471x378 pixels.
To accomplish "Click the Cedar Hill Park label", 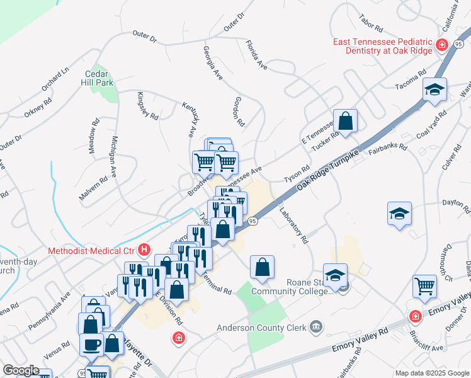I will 99,78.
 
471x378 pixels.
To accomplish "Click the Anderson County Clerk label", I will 261,327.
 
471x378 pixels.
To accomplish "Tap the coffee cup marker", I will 92,345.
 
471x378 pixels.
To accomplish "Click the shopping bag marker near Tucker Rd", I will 345,120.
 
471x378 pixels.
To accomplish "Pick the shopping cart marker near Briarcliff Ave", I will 425,286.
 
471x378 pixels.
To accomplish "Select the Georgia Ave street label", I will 213,62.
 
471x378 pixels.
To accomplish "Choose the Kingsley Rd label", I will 147,105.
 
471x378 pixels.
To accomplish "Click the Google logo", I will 21,370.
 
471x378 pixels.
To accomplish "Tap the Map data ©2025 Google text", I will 432,373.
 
